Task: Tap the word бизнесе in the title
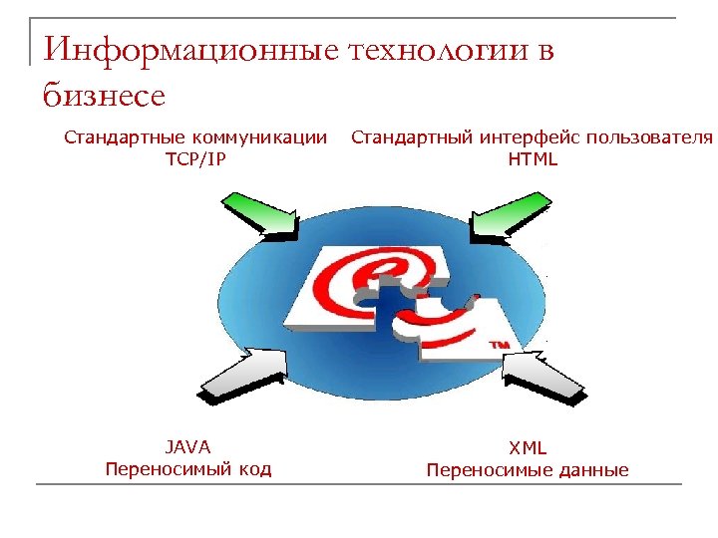coord(104,96)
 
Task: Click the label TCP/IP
coord(195,158)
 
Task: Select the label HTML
coord(533,158)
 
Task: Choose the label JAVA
coord(187,447)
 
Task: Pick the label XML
coord(528,448)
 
